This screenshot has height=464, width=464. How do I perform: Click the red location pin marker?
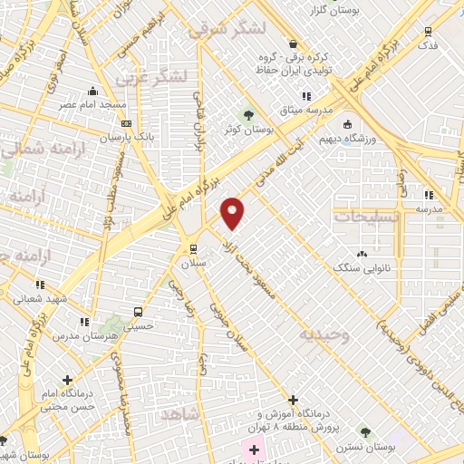click(x=233, y=213)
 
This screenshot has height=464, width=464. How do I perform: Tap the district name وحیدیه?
click(x=321, y=335)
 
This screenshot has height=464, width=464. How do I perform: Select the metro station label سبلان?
click(x=192, y=262)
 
